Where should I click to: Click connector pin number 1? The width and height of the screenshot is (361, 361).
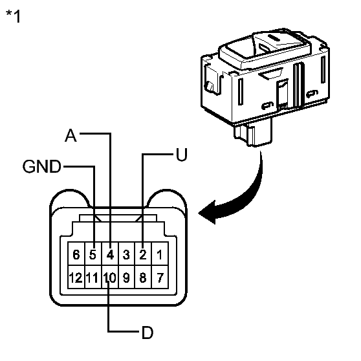pyautogui.click(x=159, y=255)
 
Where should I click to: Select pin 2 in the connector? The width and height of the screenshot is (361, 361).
pyautogui.click(x=143, y=255)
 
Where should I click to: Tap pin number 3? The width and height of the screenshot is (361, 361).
pyautogui.click(x=127, y=255)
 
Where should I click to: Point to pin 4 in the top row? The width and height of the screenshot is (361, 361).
pyautogui.click(x=110, y=255)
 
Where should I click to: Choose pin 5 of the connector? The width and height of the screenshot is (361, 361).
pyautogui.click(x=93, y=255)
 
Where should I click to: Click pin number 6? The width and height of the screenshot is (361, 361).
pyautogui.click(x=76, y=255)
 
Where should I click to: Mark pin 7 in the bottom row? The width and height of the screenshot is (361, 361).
pyautogui.click(x=159, y=279)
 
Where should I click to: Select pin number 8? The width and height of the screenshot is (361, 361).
pyautogui.click(x=143, y=279)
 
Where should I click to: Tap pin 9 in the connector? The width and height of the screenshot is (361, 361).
pyautogui.click(x=127, y=279)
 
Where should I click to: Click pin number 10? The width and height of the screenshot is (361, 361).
pyautogui.click(x=109, y=279)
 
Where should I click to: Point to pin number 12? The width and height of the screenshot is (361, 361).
pyautogui.click(x=76, y=279)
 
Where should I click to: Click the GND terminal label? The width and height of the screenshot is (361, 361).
pyautogui.click(x=41, y=166)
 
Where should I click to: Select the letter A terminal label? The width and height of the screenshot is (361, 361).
pyautogui.click(x=72, y=135)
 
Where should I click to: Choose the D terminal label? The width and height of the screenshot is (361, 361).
pyautogui.click(x=148, y=333)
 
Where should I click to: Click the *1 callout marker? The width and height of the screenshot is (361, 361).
pyautogui.click(x=13, y=16)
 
